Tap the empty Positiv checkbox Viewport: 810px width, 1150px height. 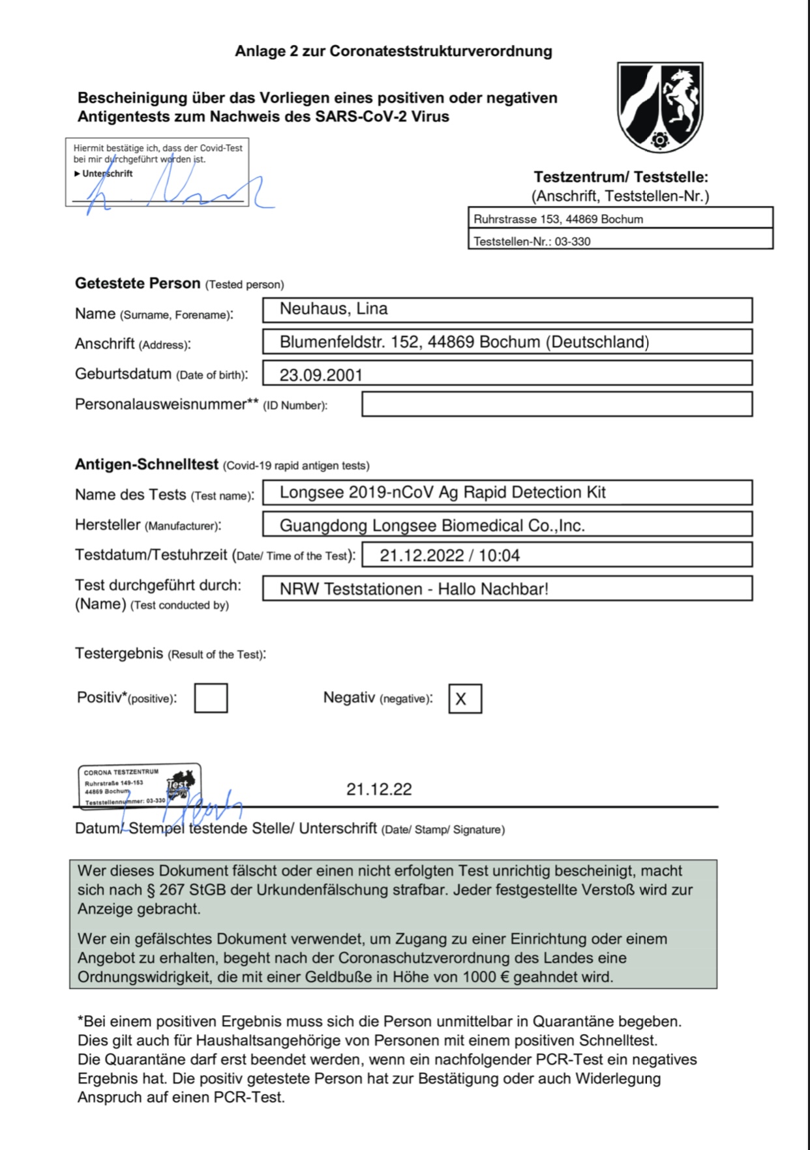coord(211,698)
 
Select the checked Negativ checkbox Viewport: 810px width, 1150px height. coord(464,699)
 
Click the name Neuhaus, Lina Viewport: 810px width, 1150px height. coord(333,309)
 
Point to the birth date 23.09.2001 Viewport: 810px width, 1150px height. coord(321,375)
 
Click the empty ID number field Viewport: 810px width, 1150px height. coord(556,404)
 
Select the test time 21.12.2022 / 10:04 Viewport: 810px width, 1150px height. coord(449,555)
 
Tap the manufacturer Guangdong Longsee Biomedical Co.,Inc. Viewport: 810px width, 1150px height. coord(432,525)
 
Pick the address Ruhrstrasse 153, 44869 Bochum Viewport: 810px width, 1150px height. coord(558,219)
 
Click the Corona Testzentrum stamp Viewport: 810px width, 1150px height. coord(139,786)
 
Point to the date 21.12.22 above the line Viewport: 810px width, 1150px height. coord(379,789)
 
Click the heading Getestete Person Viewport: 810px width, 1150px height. coord(138,284)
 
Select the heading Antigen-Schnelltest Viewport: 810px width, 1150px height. coord(147,465)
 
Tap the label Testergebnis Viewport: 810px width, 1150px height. coord(119,653)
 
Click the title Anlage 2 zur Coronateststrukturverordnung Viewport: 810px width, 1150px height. coord(393,52)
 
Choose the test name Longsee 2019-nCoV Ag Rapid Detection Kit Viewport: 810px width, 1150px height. coord(442,492)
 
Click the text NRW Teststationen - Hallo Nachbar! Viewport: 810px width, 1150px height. coord(413,589)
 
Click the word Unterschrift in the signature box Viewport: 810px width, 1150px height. coord(107,173)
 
